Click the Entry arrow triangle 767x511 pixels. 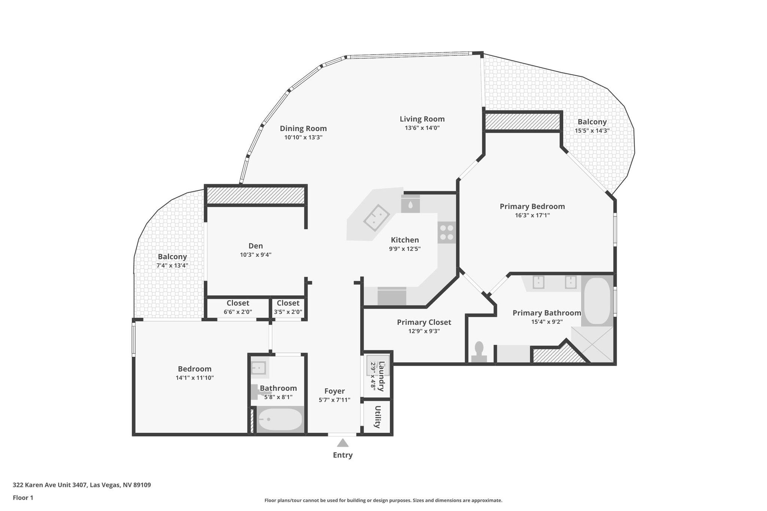[x=343, y=443]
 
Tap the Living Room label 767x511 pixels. [x=422, y=119]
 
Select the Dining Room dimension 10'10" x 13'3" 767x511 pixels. [x=303, y=137]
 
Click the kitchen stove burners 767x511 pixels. [x=446, y=232]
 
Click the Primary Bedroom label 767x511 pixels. [x=532, y=206]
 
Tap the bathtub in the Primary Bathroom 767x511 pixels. [x=597, y=301]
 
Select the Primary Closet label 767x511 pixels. [x=424, y=322]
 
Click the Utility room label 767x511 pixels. [x=378, y=417]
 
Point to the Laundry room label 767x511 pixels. [x=381, y=376]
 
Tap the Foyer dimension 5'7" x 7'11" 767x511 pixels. [x=334, y=400]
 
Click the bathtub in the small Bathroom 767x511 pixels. [x=280, y=420]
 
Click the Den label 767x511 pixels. [x=256, y=246]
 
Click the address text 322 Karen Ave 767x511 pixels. [x=82, y=485]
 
